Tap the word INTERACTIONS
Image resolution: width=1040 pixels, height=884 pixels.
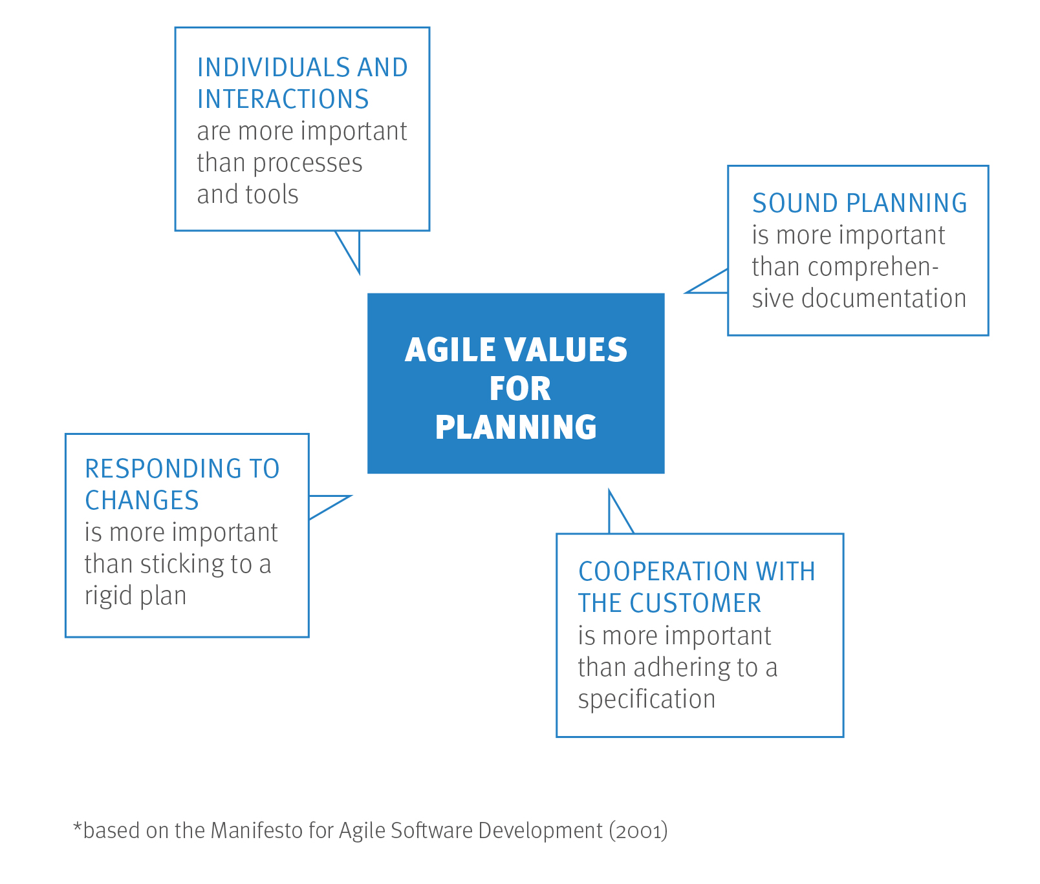click(283, 100)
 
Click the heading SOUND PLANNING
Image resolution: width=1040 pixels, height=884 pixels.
click(860, 204)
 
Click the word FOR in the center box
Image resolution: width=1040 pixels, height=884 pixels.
click(520, 389)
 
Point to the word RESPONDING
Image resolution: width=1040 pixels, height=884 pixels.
click(166, 469)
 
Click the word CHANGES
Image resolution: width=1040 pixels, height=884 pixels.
click(142, 501)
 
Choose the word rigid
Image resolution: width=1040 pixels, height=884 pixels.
click(109, 596)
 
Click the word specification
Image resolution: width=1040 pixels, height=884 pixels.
click(647, 700)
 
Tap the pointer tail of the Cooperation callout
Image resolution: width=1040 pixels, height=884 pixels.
click(620, 512)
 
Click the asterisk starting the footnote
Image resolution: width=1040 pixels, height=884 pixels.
click(78, 826)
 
